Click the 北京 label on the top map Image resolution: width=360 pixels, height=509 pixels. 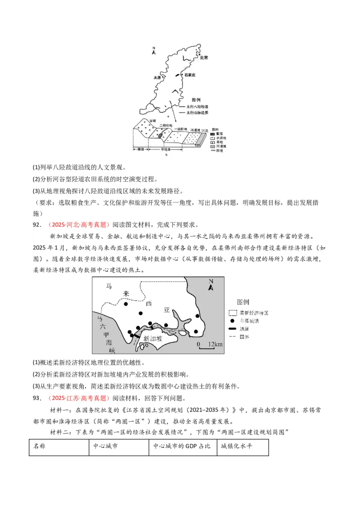pyautogui.click(x=203, y=58)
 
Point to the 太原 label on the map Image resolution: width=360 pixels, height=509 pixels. pyautogui.click(x=157, y=77)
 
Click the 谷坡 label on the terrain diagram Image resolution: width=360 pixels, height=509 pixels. pyautogui.click(x=153, y=121)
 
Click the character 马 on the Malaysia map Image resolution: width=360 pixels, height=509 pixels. pyautogui.click(x=109, y=286)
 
